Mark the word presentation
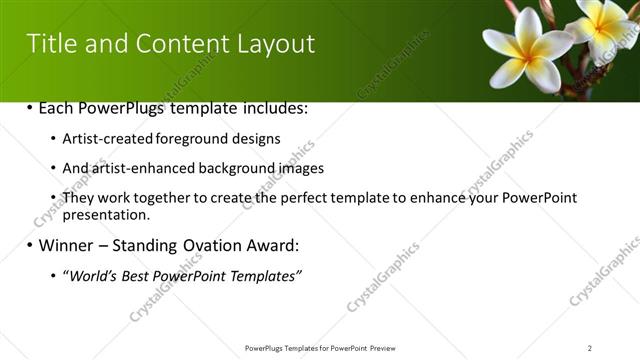[x=106, y=214]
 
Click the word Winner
[x=66, y=245]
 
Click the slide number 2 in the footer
[x=590, y=348]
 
